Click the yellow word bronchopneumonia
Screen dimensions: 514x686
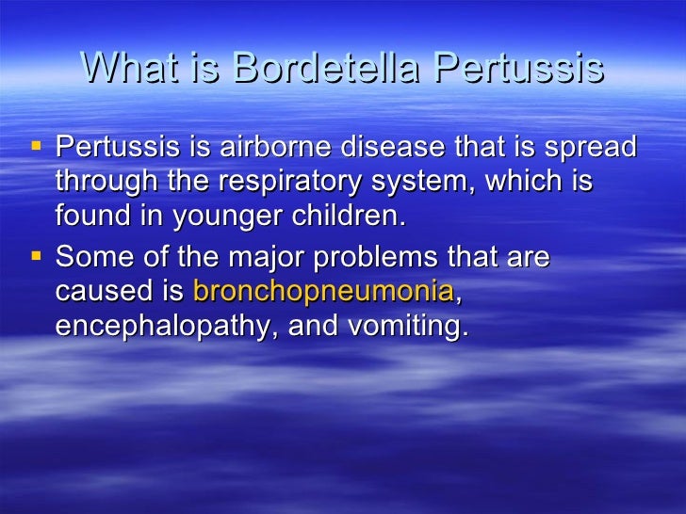tap(323, 292)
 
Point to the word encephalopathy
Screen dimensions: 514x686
tap(156, 327)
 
